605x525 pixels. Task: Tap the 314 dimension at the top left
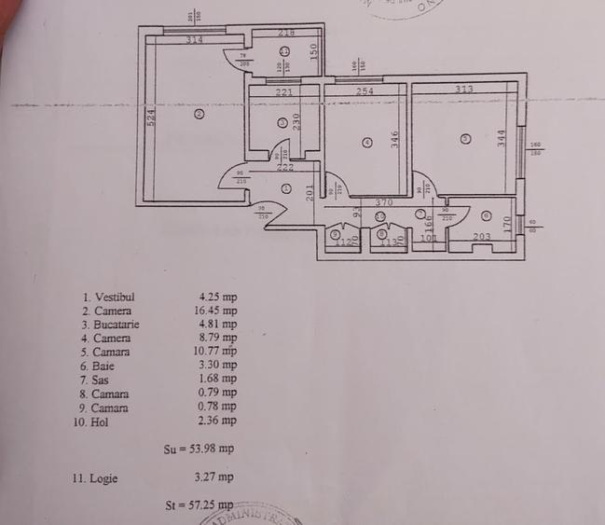click(194, 40)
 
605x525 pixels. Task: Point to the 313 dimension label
click(463, 90)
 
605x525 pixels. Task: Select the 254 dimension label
click(364, 91)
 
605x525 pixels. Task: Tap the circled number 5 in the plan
click(466, 139)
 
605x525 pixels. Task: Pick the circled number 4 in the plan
click(367, 143)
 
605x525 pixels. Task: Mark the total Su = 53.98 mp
click(199, 449)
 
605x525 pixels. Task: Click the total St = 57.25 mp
click(199, 505)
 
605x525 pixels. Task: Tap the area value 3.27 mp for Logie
click(213, 477)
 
